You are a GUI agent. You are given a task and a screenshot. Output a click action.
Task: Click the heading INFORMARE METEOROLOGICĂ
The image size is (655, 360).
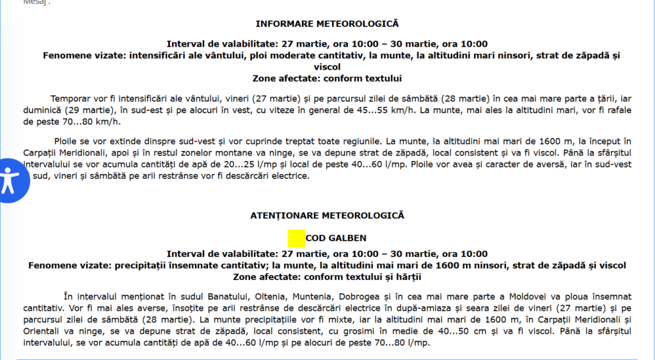click(x=327, y=24)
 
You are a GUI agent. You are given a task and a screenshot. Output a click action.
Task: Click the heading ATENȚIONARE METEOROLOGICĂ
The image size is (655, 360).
click(x=327, y=215)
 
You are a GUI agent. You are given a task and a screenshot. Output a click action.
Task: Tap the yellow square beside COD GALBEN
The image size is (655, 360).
click(x=296, y=238)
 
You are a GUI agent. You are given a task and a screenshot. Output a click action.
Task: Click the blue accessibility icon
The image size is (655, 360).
click(x=9, y=180)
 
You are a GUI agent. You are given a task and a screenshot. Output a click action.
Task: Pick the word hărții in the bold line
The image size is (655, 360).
click(x=406, y=278)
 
